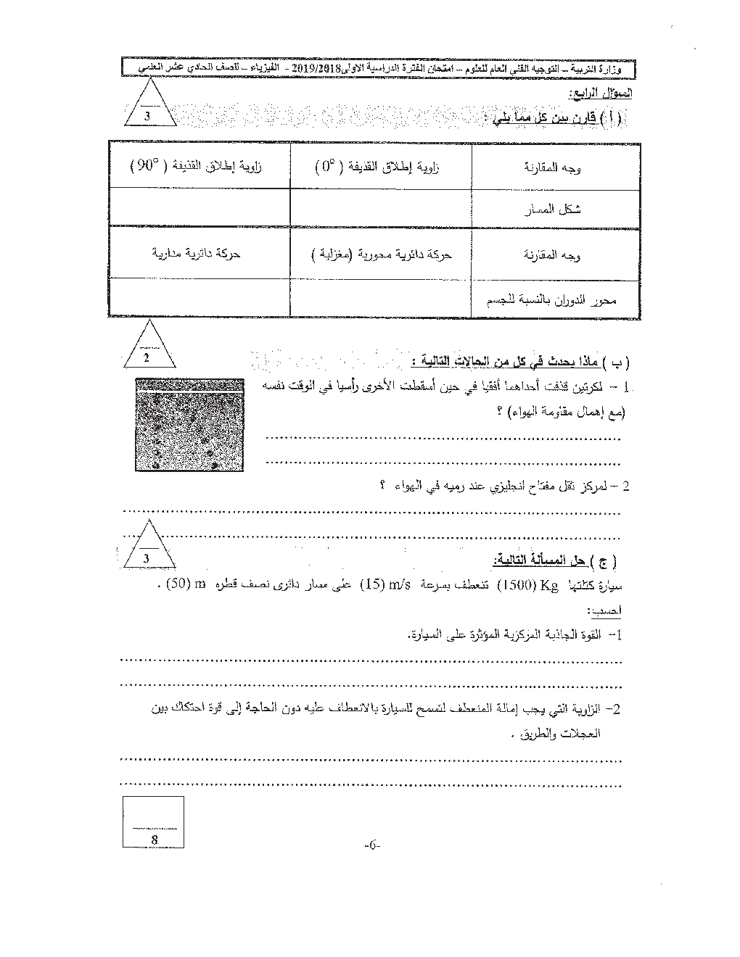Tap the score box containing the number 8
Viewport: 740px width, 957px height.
tap(154, 821)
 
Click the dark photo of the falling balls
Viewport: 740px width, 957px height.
tap(190, 424)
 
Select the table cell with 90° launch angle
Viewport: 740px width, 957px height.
tap(199, 165)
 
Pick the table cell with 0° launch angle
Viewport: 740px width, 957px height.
tap(380, 165)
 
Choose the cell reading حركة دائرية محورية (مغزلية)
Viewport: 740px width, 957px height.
tap(380, 254)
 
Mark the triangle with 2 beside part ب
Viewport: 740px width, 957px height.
tap(147, 350)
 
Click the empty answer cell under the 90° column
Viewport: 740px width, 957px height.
tap(199, 207)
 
